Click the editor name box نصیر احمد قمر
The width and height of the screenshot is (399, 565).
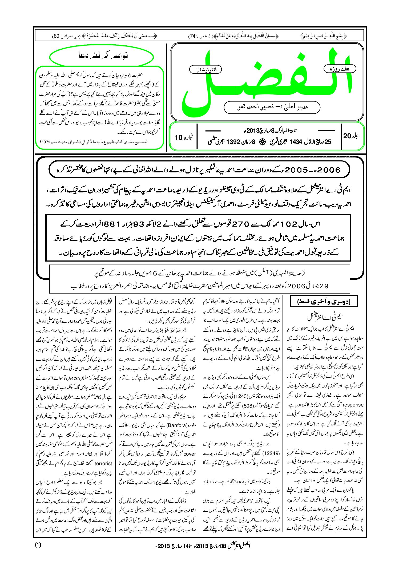coord(272,107)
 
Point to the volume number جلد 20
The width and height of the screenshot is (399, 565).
coord(351,136)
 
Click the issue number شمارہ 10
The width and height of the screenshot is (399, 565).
coord(184,137)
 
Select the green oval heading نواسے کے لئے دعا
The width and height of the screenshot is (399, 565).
coord(102,56)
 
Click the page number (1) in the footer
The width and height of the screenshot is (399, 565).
coord(38,545)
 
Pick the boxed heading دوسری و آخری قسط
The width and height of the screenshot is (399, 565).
coord(324,302)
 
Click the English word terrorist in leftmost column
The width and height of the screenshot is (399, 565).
coord(103,464)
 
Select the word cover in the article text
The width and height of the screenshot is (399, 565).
coord(190,454)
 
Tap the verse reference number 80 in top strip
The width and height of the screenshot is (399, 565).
coord(56,36)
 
